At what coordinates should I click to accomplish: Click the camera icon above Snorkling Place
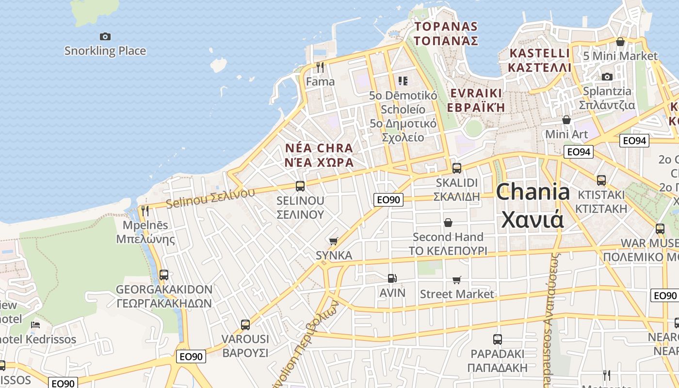click(x=105, y=36)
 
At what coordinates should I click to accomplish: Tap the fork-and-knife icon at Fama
click(x=320, y=67)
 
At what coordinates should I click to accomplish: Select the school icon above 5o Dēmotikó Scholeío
click(x=403, y=81)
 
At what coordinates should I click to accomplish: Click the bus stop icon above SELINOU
click(x=300, y=186)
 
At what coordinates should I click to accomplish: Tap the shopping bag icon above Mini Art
click(x=566, y=119)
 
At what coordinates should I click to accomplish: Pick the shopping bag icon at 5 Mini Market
click(x=620, y=42)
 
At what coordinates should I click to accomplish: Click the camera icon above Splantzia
click(x=607, y=77)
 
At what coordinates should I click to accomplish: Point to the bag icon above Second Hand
click(x=448, y=223)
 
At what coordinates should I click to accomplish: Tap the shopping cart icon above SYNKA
click(x=333, y=241)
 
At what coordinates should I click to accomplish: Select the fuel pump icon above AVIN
click(x=392, y=278)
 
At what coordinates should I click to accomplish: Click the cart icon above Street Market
click(x=456, y=280)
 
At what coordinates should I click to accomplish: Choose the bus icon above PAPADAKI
click(x=497, y=339)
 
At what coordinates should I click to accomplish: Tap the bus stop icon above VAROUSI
click(x=245, y=324)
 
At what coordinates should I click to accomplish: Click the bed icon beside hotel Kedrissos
click(x=35, y=324)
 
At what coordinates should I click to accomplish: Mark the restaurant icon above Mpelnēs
click(x=145, y=210)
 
